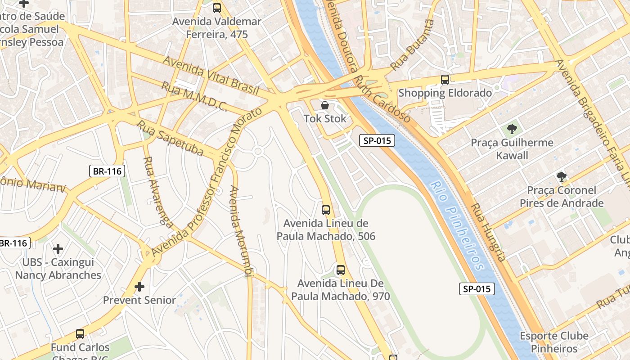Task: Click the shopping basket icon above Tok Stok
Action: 325,106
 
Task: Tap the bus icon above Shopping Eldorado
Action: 445,80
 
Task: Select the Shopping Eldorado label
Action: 445,93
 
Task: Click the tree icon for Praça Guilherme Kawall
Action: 512,130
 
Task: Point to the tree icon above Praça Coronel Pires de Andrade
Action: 561,177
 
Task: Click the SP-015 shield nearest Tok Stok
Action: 377,140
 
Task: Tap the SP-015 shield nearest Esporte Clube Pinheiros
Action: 477,289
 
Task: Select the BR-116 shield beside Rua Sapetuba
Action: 107,171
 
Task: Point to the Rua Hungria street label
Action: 488,232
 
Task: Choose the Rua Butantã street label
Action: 413,45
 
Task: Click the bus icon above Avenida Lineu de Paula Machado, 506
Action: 326,210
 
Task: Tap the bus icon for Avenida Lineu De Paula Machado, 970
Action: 341,270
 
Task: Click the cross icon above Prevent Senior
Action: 139,287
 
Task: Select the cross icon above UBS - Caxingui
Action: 58,248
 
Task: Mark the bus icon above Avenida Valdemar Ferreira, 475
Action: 217,8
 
